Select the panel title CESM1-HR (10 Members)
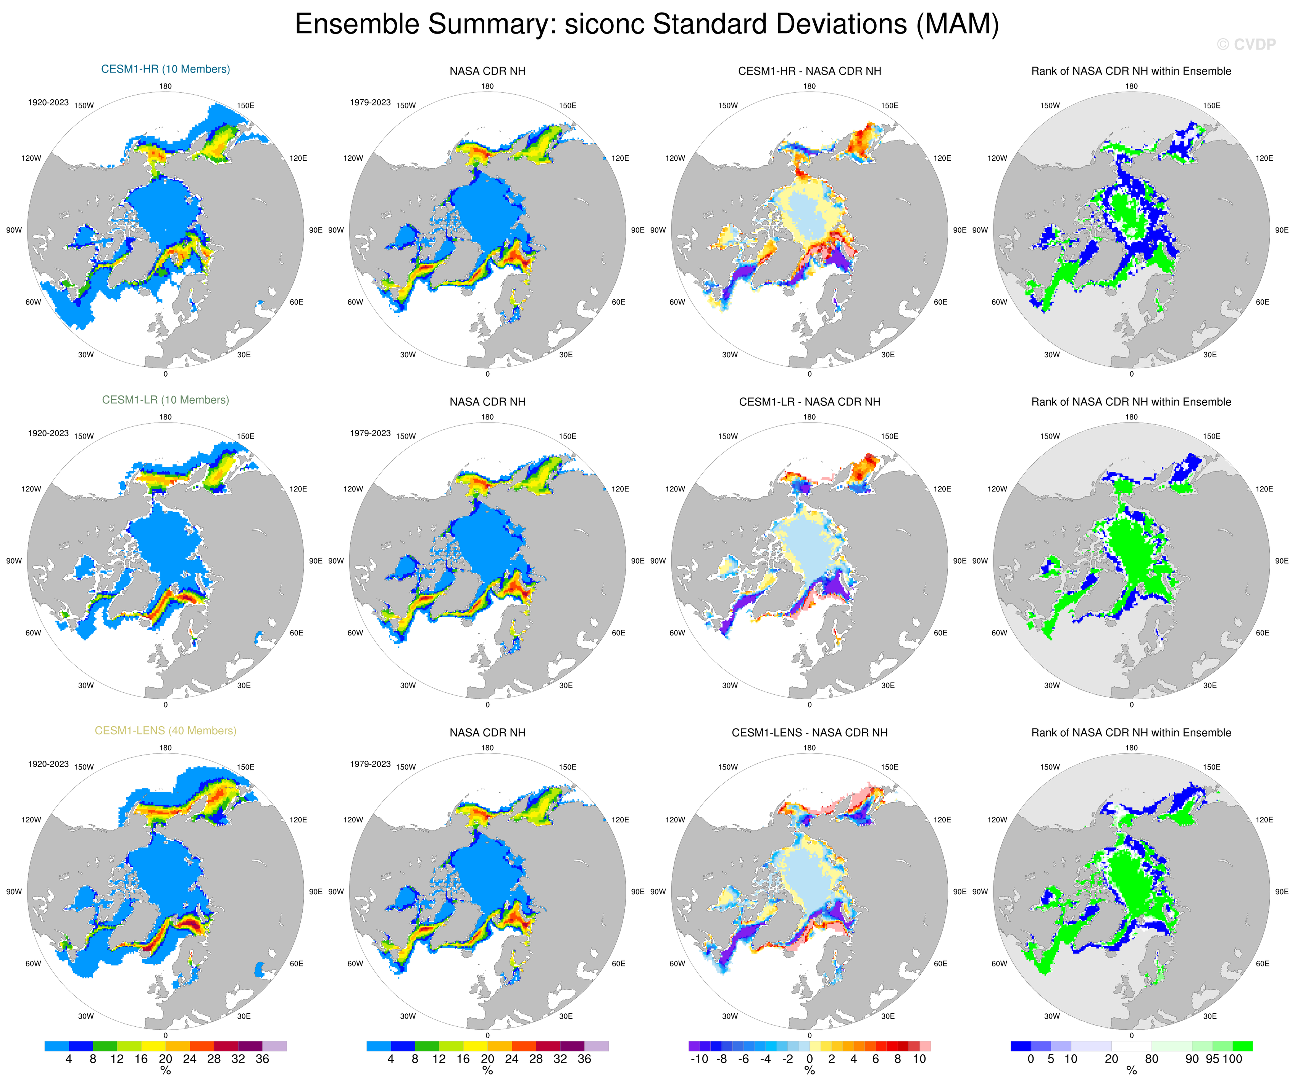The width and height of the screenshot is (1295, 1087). (x=165, y=69)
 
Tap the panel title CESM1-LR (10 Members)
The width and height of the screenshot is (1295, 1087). (x=165, y=400)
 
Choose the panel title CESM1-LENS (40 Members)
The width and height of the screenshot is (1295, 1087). (x=165, y=731)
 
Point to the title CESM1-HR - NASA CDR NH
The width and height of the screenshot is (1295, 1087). (x=809, y=71)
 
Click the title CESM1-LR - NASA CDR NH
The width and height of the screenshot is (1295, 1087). (x=809, y=402)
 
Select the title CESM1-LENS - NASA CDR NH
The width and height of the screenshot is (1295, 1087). (x=809, y=732)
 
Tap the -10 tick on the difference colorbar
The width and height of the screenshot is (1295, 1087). (x=699, y=1059)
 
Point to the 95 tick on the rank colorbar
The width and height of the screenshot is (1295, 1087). (x=1212, y=1059)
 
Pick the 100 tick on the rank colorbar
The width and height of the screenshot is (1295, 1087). (x=1232, y=1059)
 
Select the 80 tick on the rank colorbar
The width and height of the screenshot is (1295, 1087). (x=1151, y=1059)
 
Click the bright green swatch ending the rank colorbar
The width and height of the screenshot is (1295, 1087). (x=1243, y=1046)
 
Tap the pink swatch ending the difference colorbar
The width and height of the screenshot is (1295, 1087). (x=925, y=1046)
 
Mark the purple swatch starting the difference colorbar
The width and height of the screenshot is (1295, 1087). (x=694, y=1046)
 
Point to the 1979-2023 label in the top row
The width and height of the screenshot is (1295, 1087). (x=370, y=102)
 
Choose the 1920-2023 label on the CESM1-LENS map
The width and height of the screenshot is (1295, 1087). (x=48, y=764)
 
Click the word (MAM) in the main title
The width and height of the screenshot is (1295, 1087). (x=957, y=25)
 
